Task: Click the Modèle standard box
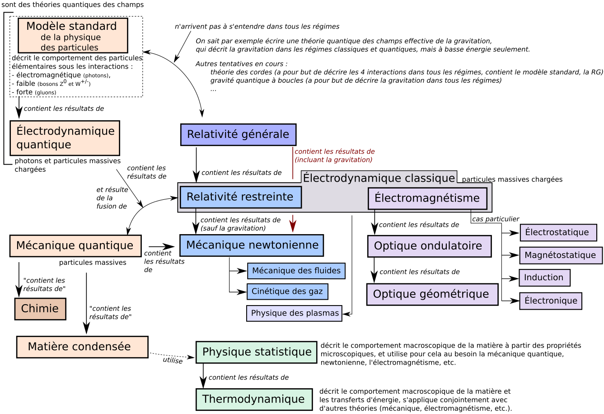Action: point(73,36)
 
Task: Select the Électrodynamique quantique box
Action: point(65,138)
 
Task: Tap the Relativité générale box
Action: point(238,135)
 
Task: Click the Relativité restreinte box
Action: point(240,197)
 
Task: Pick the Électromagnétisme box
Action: point(427,198)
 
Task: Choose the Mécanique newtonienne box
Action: point(252,245)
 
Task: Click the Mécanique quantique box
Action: point(75,246)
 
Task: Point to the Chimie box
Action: point(40,309)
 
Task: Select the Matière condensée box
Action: point(82,347)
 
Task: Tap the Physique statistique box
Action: point(256,352)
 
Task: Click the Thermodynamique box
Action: point(254,399)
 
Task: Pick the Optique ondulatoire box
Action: point(429,246)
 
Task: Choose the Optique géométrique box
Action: point(432,294)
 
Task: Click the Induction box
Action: point(544,278)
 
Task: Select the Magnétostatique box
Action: point(560,255)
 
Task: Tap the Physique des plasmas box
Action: point(294,313)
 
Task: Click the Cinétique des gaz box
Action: point(287,292)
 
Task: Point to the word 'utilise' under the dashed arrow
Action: point(173,361)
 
